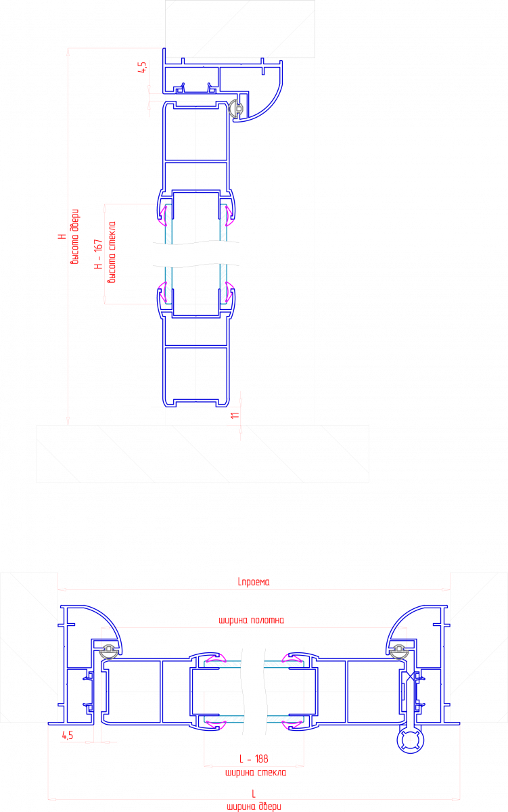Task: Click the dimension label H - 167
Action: [99, 254]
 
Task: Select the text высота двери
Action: [74, 236]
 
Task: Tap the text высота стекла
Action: [112, 252]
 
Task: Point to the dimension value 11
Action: [235, 415]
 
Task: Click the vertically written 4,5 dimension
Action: [143, 68]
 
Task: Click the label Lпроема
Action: [254, 582]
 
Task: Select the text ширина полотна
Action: [252, 621]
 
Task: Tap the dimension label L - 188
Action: [254, 759]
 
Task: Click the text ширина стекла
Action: [256, 773]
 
